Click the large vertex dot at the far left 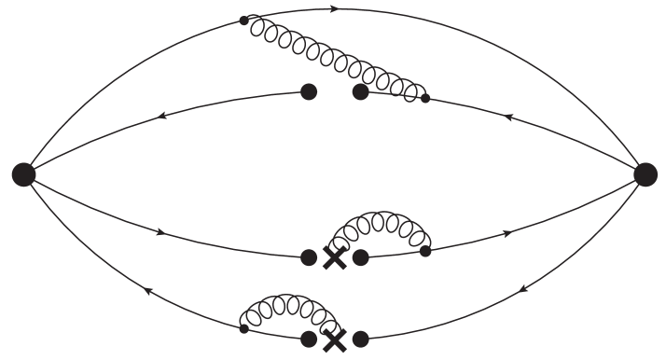coord(23,173)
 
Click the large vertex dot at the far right coord(645,173)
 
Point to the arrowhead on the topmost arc coord(333,9)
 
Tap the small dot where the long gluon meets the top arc coord(244,20)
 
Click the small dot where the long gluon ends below coord(425,97)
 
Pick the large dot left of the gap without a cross coord(309,91)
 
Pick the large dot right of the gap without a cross coord(360,91)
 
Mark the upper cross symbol coord(334,258)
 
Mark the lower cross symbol coord(334,340)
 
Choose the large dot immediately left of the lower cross coord(309,339)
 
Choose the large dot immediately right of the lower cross coord(360,339)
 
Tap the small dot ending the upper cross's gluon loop coord(425,251)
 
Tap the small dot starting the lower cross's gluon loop coord(243,328)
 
